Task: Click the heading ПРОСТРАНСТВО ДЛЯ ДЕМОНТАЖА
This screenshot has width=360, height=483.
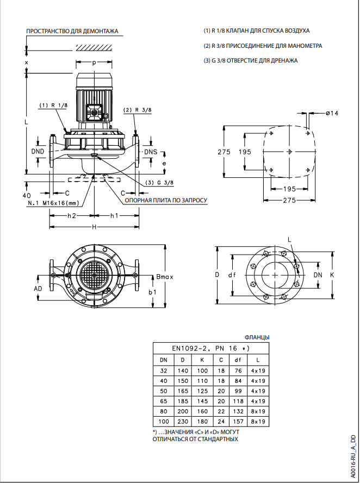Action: (72, 31)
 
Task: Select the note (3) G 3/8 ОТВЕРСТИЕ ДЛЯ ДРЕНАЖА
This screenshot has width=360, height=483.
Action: (251, 60)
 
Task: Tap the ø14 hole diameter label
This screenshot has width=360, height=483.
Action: (332, 113)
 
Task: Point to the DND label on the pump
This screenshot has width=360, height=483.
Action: (38, 151)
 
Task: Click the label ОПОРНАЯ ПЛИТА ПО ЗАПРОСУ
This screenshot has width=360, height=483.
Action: (166, 200)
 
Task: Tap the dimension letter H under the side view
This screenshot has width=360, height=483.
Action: (94, 227)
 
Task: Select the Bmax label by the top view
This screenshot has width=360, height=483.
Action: (164, 277)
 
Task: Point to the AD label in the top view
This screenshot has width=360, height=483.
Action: (38, 288)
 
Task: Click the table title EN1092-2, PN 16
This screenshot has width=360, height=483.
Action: (210, 348)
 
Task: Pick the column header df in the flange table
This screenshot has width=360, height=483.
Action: (238, 360)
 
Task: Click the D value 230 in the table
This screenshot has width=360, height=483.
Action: (182, 422)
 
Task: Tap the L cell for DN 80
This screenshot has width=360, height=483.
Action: (258, 411)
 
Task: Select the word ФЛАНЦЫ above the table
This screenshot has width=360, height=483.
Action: (257, 337)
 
